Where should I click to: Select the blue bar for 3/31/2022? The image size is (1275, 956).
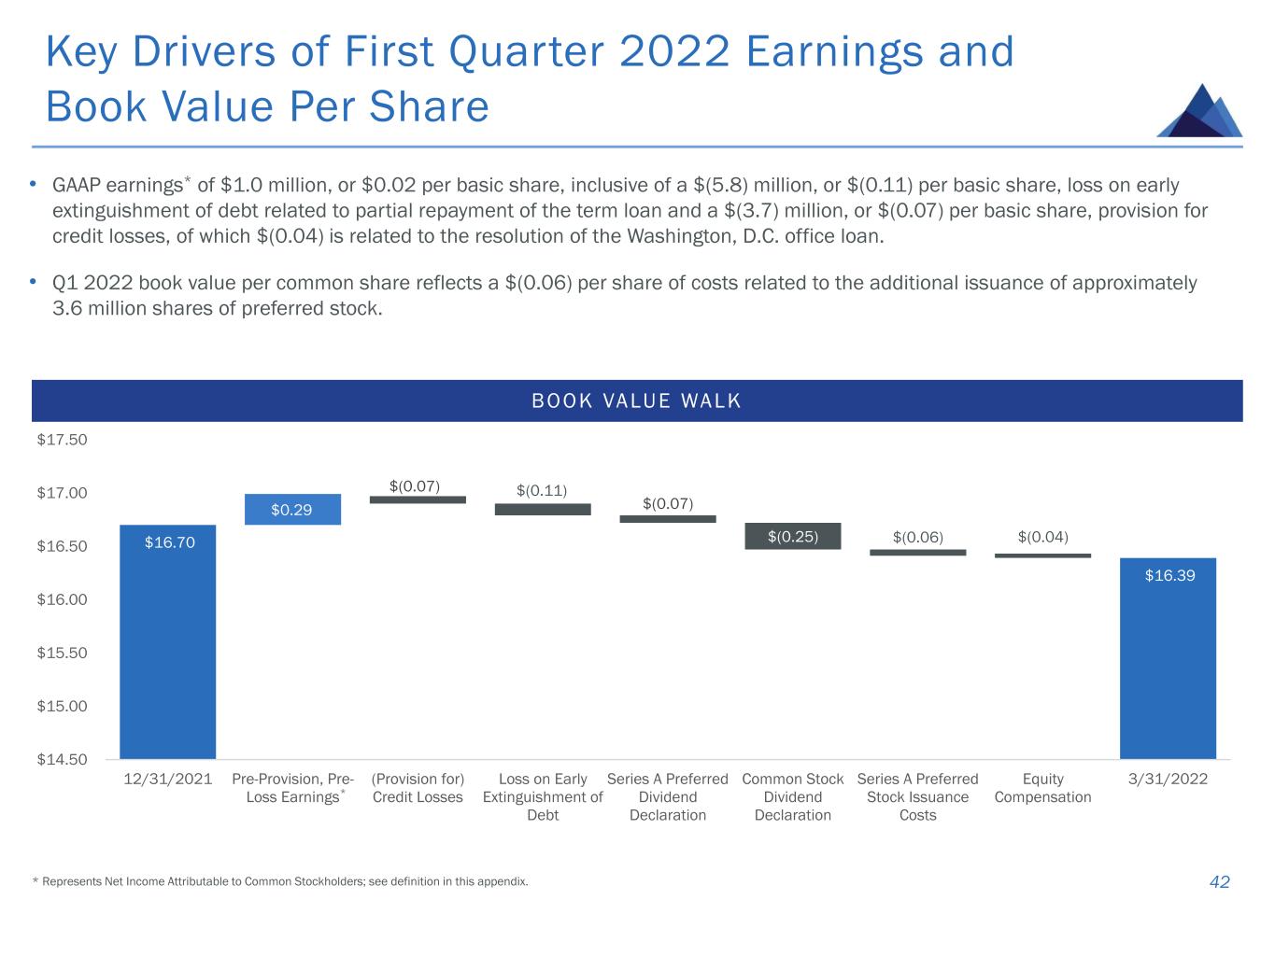[1168, 658]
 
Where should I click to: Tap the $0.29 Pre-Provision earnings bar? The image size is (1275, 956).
[291, 509]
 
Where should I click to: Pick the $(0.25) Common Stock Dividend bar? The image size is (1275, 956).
[793, 536]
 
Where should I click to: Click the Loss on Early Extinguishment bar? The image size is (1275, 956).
[543, 509]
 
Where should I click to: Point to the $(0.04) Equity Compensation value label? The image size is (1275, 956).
[1042, 537]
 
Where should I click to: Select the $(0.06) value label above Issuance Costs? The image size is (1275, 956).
[917, 537]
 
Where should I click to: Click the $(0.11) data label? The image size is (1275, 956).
[542, 489]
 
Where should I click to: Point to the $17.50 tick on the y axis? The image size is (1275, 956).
[62, 440]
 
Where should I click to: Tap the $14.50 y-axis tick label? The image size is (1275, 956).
[62, 759]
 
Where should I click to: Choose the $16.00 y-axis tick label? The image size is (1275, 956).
[62, 599]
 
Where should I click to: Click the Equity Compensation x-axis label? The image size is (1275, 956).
[1042, 788]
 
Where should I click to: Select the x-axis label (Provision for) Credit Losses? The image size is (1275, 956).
[418, 788]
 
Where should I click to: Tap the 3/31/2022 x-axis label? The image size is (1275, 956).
[1168, 779]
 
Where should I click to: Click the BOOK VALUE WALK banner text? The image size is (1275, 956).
[636, 401]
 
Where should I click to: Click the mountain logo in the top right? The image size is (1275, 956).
[1199, 111]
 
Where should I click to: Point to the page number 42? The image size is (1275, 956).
[1219, 881]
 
